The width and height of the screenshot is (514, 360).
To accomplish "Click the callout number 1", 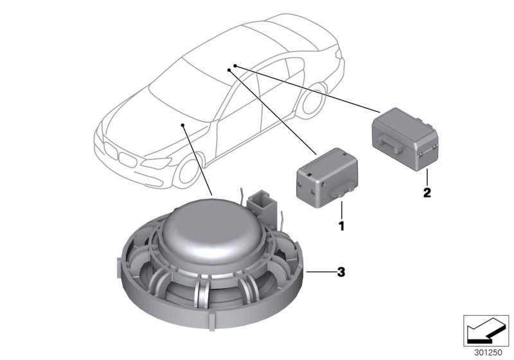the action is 342,226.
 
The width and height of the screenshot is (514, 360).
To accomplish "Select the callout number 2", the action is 427,192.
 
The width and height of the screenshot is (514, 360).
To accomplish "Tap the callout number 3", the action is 341,272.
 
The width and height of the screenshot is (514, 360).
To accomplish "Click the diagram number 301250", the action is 488,353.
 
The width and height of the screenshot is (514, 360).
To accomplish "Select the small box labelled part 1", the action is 327,178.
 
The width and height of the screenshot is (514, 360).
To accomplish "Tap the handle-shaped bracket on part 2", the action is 390,144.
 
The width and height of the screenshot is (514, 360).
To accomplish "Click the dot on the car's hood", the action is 182,125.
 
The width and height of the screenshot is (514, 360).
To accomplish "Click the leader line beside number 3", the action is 321,272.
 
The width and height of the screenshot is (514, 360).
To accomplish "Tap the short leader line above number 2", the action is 427,177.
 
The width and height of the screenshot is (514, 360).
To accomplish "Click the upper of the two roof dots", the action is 235,66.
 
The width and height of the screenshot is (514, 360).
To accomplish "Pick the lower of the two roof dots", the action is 229,70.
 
